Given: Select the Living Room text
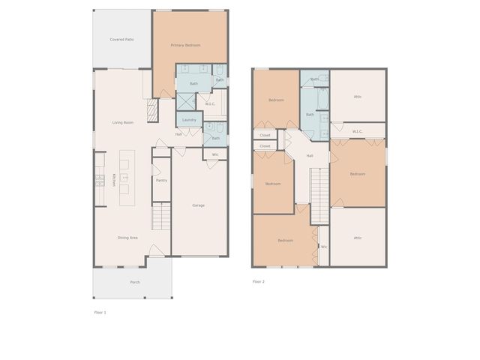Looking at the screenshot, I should [123, 122].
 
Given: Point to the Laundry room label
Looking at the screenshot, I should [189, 120].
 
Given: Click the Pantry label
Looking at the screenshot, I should [161, 180].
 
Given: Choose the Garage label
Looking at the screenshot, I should [198, 205].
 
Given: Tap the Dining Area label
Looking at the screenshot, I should [127, 238].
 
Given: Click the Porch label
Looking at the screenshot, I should [135, 282].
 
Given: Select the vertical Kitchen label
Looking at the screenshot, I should [114, 179].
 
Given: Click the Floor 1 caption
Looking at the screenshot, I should [100, 312].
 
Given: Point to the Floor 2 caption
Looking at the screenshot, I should [258, 281].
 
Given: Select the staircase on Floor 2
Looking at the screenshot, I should [320, 195].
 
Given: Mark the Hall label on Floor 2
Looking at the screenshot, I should [309, 156].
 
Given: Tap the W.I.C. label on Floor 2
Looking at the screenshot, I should [358, 131].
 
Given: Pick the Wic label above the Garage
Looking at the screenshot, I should [215, 154].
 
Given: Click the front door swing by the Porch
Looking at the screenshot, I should [154, 250].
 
